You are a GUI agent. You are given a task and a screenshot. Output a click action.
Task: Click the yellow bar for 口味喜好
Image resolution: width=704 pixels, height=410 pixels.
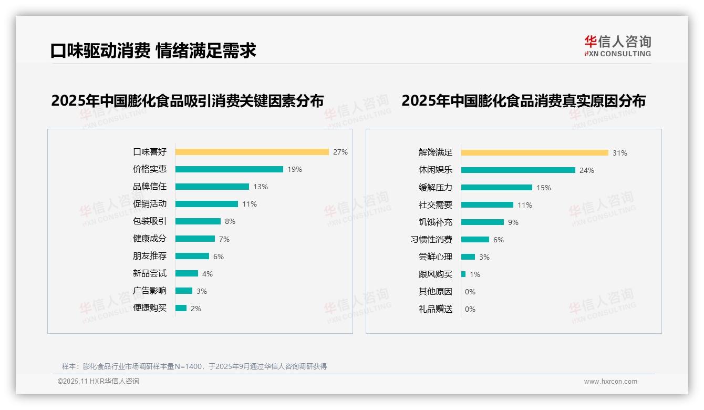pyautogui.click(x=252, y=152)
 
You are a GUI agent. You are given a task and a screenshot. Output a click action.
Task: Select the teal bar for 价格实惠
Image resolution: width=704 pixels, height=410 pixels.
pyautogui.click(x=229, y=169)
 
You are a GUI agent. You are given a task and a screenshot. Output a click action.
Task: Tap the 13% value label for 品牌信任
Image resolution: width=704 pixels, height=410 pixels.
pyautogui.click(x=261, y=187)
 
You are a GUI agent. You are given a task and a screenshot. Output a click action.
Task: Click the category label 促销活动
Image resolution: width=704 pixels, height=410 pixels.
pyautogui.click(x=149, y=204)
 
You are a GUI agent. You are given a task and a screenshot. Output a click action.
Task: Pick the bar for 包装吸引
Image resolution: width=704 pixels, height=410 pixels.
pyautogui.click(x=198, y=221)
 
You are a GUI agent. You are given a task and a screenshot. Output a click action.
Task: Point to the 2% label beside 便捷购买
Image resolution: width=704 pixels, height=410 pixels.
pyautogui.click(x=195, y=309)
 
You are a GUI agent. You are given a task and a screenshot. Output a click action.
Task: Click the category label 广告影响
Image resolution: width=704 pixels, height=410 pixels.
pyautogui.click(x=149, y=291)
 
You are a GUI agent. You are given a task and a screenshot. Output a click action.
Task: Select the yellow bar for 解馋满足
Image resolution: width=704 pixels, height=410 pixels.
pyautogui.click(x=534, y=152)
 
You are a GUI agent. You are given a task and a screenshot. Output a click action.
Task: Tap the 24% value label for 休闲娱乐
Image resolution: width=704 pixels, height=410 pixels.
pyautogui.click(x=587, y=170)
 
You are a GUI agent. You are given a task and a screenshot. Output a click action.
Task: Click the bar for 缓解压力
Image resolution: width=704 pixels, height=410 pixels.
pyautogui.click(x=496, y=188)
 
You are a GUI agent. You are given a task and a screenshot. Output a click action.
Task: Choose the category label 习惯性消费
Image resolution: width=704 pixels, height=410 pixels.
pyautogui.click(x=431, y=240)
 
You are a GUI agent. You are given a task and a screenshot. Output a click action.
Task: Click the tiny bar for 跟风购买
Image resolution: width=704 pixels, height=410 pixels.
pyautogui.click(x=463, y=274)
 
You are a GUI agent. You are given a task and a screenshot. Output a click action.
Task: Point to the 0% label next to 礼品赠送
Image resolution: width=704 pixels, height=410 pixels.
pyautogui.click(x=470, y=309)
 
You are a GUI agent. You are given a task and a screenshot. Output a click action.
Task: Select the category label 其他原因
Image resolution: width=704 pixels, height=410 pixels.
pyautogui.click(x=435, y=292)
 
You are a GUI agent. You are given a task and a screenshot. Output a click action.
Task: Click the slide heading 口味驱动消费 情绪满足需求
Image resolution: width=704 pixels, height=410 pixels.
pyautogui.click(x=153, y=50)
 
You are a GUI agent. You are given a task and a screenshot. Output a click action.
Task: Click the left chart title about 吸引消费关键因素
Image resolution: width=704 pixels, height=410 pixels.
pyautogui.click(x=187, y=100)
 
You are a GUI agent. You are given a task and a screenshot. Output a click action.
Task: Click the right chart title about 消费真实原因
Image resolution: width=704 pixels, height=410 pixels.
pyautogui.click(x=523, y=100)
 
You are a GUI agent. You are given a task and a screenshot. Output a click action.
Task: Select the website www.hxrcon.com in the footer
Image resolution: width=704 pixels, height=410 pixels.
pyautogui.click(x=610, y=382)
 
